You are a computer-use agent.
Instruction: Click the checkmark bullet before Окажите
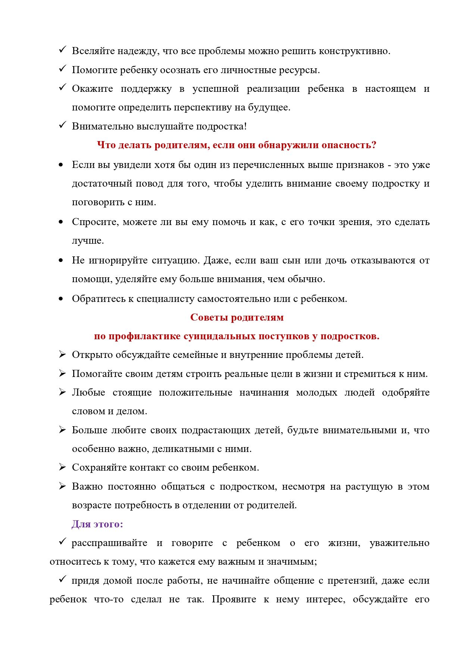62,88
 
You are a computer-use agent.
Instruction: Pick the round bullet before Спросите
61,222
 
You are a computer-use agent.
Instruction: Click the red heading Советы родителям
237,318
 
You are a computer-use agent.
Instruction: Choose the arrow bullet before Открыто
62,355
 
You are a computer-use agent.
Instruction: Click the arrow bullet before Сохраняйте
62,467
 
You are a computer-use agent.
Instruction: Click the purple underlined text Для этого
97,524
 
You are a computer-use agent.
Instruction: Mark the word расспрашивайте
109,543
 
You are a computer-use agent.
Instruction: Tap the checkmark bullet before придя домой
62,580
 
